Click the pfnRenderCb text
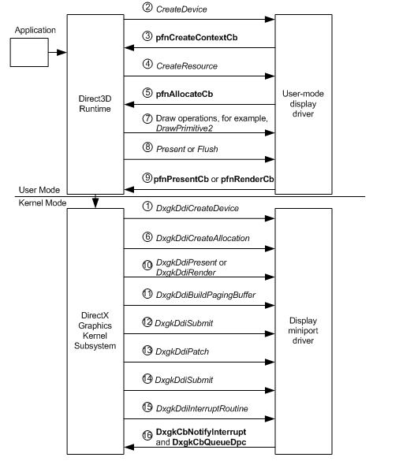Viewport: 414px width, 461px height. (240, 177)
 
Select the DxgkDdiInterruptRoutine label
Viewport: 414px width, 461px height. (203, 407)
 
